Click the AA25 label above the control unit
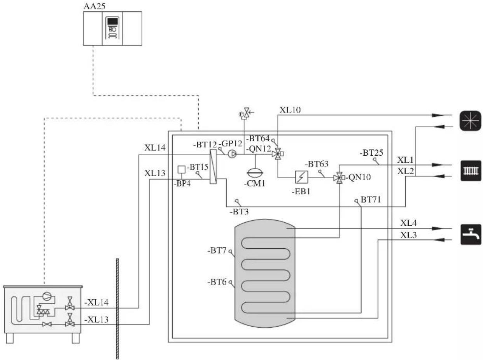94,6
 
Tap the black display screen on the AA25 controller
113,21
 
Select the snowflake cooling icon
471,121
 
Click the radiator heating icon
471,170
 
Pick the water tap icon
471,234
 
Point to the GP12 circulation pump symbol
232,154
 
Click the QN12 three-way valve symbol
278,154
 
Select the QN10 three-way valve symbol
339,177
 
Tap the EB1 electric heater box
302,177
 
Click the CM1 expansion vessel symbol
255,173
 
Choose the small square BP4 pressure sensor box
182,170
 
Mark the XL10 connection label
290,110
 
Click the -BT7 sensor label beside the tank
217,251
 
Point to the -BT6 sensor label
217,282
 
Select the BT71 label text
371,199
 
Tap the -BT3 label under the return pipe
239,212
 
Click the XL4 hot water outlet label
408,223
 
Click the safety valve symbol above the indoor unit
247,113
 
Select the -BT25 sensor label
371,153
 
